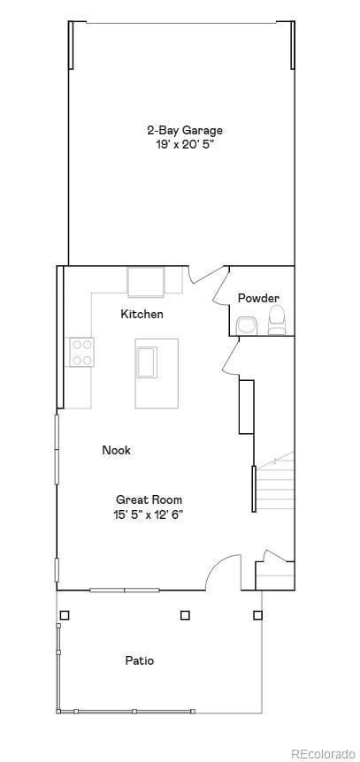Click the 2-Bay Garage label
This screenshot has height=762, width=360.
tap(185, 130)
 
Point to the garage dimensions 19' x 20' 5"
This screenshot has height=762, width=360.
tap(185, 143)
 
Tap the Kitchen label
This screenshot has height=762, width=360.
tap(142, 314)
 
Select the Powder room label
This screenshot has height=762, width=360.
tap(258, 298)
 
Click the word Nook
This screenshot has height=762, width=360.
tap(116, 450)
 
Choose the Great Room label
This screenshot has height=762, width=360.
tap(149, 499)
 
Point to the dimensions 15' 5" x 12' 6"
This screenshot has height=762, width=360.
tap(149, 514)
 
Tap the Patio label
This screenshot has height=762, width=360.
tap(139, 660)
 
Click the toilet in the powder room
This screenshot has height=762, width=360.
tap(277, 320)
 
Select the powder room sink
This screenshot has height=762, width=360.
tap(247, 326)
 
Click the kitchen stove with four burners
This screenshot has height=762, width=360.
tap(82, 352)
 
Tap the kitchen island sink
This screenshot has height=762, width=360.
tap(145, 362)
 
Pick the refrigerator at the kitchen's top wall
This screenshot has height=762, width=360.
tap(145, 281)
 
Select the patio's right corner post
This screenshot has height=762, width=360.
tap(257, 614)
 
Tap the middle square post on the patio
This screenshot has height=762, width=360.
tap(185, 614)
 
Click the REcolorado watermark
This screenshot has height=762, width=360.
tap(322, 752)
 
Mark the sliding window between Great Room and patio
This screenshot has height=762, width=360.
tap(124, 590)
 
